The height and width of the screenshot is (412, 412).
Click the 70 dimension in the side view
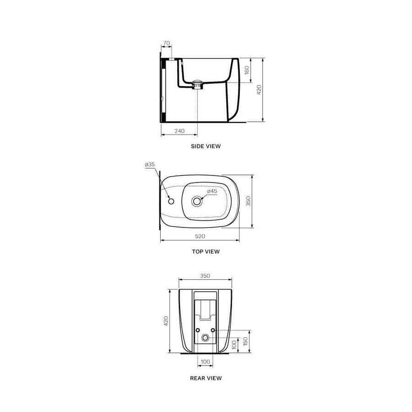click(166, 43)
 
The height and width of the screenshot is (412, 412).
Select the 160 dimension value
click(247, 70)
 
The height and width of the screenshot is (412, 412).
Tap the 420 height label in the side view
click(259, 90)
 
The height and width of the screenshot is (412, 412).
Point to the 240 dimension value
click(179, 131)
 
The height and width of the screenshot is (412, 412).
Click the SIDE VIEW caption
click(206, 146)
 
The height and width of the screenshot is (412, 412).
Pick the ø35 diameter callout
click(150, 164)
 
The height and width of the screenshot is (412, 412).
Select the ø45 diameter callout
click(212, 191)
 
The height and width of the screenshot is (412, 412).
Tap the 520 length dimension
click(200, 236)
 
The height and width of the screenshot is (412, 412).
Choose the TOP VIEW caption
click(206, 251)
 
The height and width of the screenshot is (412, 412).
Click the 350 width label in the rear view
click(205, 276)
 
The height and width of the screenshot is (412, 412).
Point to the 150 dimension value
click(245, 342)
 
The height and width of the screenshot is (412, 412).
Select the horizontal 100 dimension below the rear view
click(206, 362)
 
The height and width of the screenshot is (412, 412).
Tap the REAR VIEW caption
click(206, 378)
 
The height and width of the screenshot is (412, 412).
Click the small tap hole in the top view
click(171, 201)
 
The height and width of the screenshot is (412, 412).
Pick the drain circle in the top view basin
click(198, 201)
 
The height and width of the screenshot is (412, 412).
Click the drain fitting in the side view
click(197, 84)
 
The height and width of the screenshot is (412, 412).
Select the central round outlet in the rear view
click(206, 338)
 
